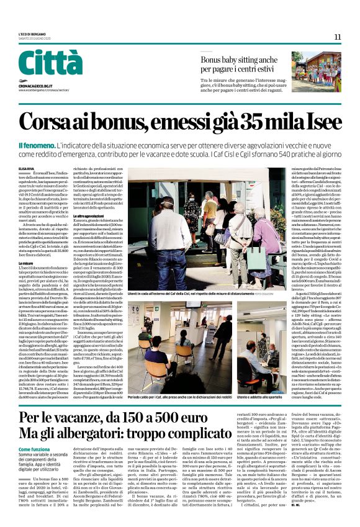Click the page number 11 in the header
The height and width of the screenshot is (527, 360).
[x=338, y=37]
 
